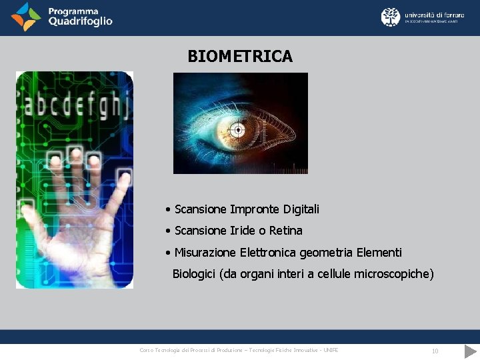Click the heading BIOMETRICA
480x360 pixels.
pyautogui.click(x=240, y=57)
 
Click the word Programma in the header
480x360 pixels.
pyautogui.click(x=73, y=11)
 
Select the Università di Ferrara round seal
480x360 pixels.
pyautogui.click(x=391, y=17)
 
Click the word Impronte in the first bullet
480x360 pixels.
pyautogui.click(x=255, y=209)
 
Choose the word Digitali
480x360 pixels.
pyautogui.click(x=301, y=209)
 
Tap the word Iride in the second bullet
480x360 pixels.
pyautogui.click(x=243, y=231)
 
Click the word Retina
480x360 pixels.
pyautogui.click(x=286, y=231)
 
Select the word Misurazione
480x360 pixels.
pyautogui.click(x=205, y=253)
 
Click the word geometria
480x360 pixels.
pyautogui.click(x=327, y=253)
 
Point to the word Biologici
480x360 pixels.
pyautogui.click(x=194, y=274)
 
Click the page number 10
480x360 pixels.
pyautogui.click(x=435, y=351)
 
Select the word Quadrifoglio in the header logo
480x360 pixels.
pyautogui.click(x=80, y=21)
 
